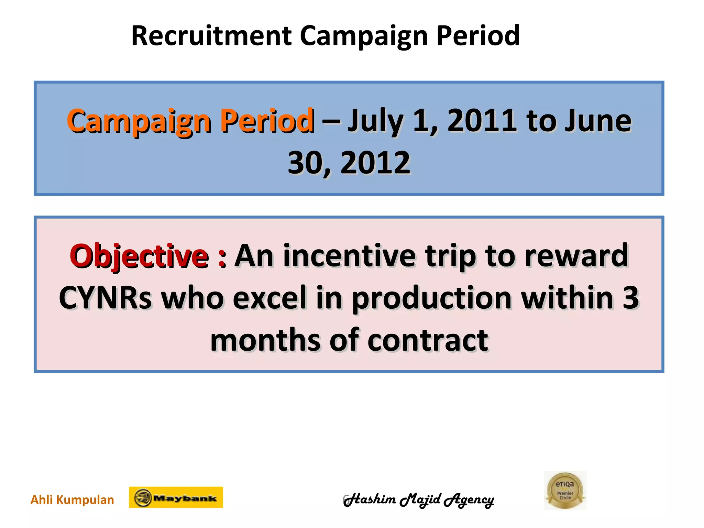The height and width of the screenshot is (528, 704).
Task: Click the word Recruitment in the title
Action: pyautogui.click(x=211, y=36)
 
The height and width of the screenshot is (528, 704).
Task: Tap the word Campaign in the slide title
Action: pyautogui.click(x=364, y=36)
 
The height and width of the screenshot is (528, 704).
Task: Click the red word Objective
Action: pyautogui.click(x=139, y=256)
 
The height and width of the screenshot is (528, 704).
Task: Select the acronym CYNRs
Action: pyautogui.click(x=105, y=298)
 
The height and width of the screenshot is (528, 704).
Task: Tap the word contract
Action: pyautogui.click(x=428, y=340)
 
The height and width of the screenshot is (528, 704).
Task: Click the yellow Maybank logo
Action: pyautogui.click(x=176, y=497)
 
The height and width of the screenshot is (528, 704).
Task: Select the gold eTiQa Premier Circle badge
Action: pyautogui.click(x=565, y=491)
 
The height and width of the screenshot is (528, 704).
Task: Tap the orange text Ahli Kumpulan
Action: pyautogui.click(x=72, y=499)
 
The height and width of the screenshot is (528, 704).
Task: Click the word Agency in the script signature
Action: pyautogui.click(x=469, y=500)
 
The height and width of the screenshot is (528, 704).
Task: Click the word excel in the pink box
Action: pyautogui.click(x=269, y=298)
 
